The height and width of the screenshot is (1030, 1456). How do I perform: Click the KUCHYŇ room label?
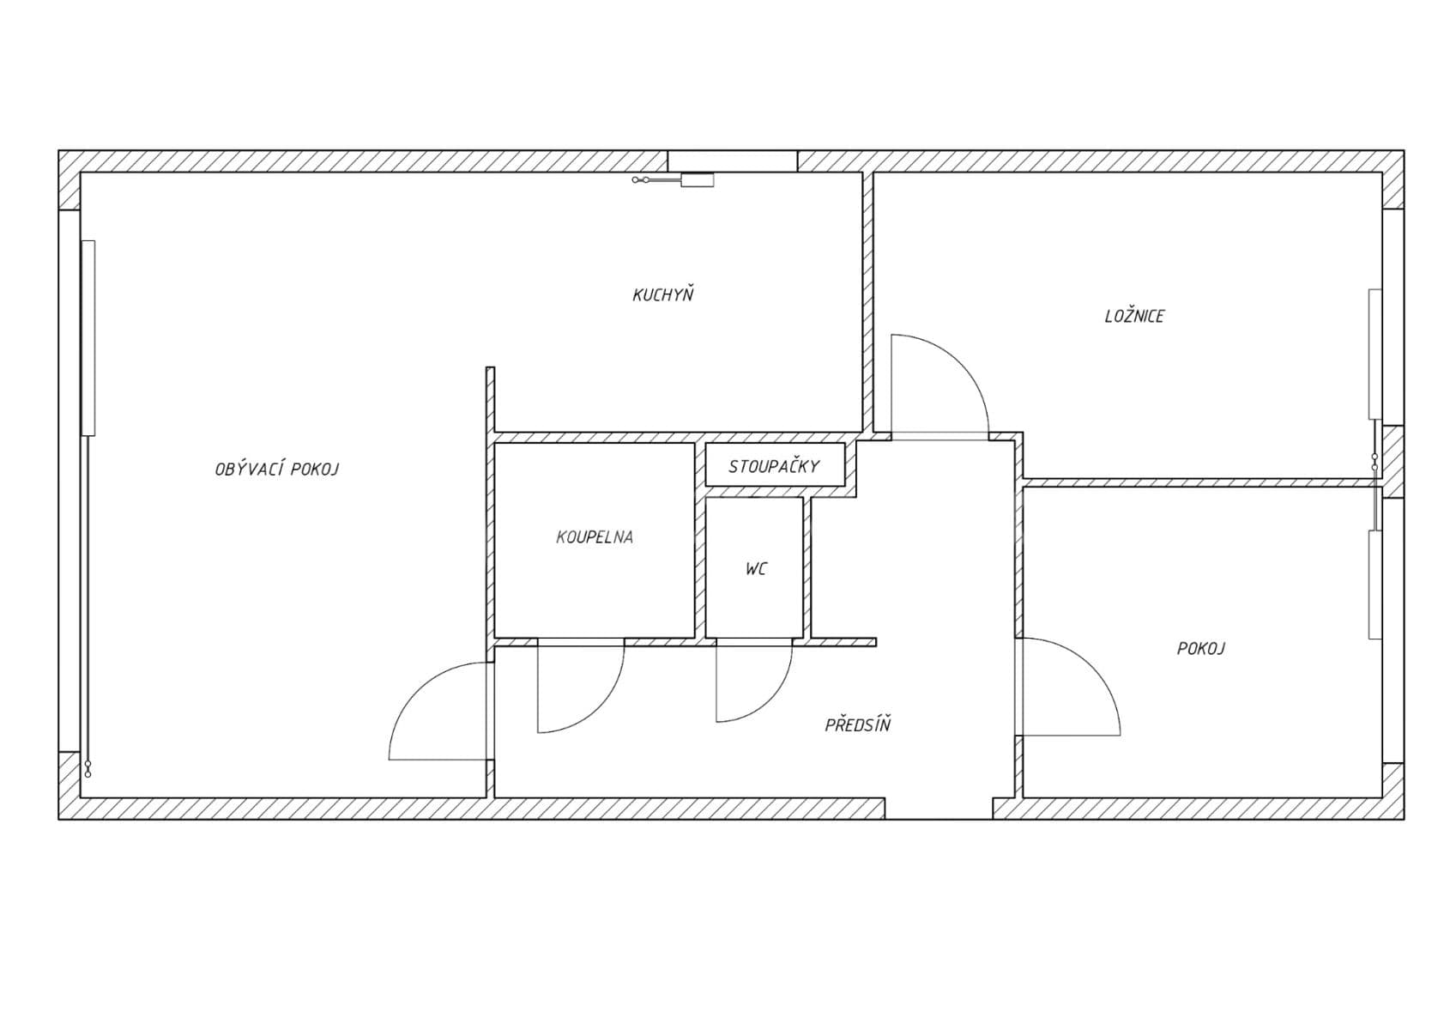pyautogui.click(x=662, y=295)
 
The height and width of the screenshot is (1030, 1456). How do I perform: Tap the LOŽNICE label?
pyautogui.click(x=1133, y=317)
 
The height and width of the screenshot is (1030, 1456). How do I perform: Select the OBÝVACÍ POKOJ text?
pyautogui.click(x=276, y=470)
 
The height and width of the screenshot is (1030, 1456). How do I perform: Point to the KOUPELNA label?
pyautogui.click(x=595, y=538)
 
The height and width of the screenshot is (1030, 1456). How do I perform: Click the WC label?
pyautogui.click(x=756, y=569)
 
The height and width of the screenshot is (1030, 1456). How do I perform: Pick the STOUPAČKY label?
pyautogui.click(x=774, y=467)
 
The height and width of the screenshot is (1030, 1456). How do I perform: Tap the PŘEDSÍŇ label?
pyautogui.click(x=857, y=725)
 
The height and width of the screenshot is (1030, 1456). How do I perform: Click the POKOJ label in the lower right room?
pyautogui.click(x=1200, y=649)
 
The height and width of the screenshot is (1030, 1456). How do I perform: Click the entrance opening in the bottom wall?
pyautogui.click(x=939, y=809)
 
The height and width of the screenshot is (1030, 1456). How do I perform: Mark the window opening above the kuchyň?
pyautogui.click(x=732, y=161)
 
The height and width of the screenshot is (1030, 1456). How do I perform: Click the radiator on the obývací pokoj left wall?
pyautogui.click(x=88, y=337)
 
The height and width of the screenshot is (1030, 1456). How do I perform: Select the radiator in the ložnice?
pyautogui.click(x=1374, y=354)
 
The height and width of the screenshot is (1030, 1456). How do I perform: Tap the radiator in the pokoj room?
pyautogui.click(x=1374, y=585)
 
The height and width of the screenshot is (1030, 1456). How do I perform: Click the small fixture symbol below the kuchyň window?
pyautogui.click(x=696, y=180)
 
